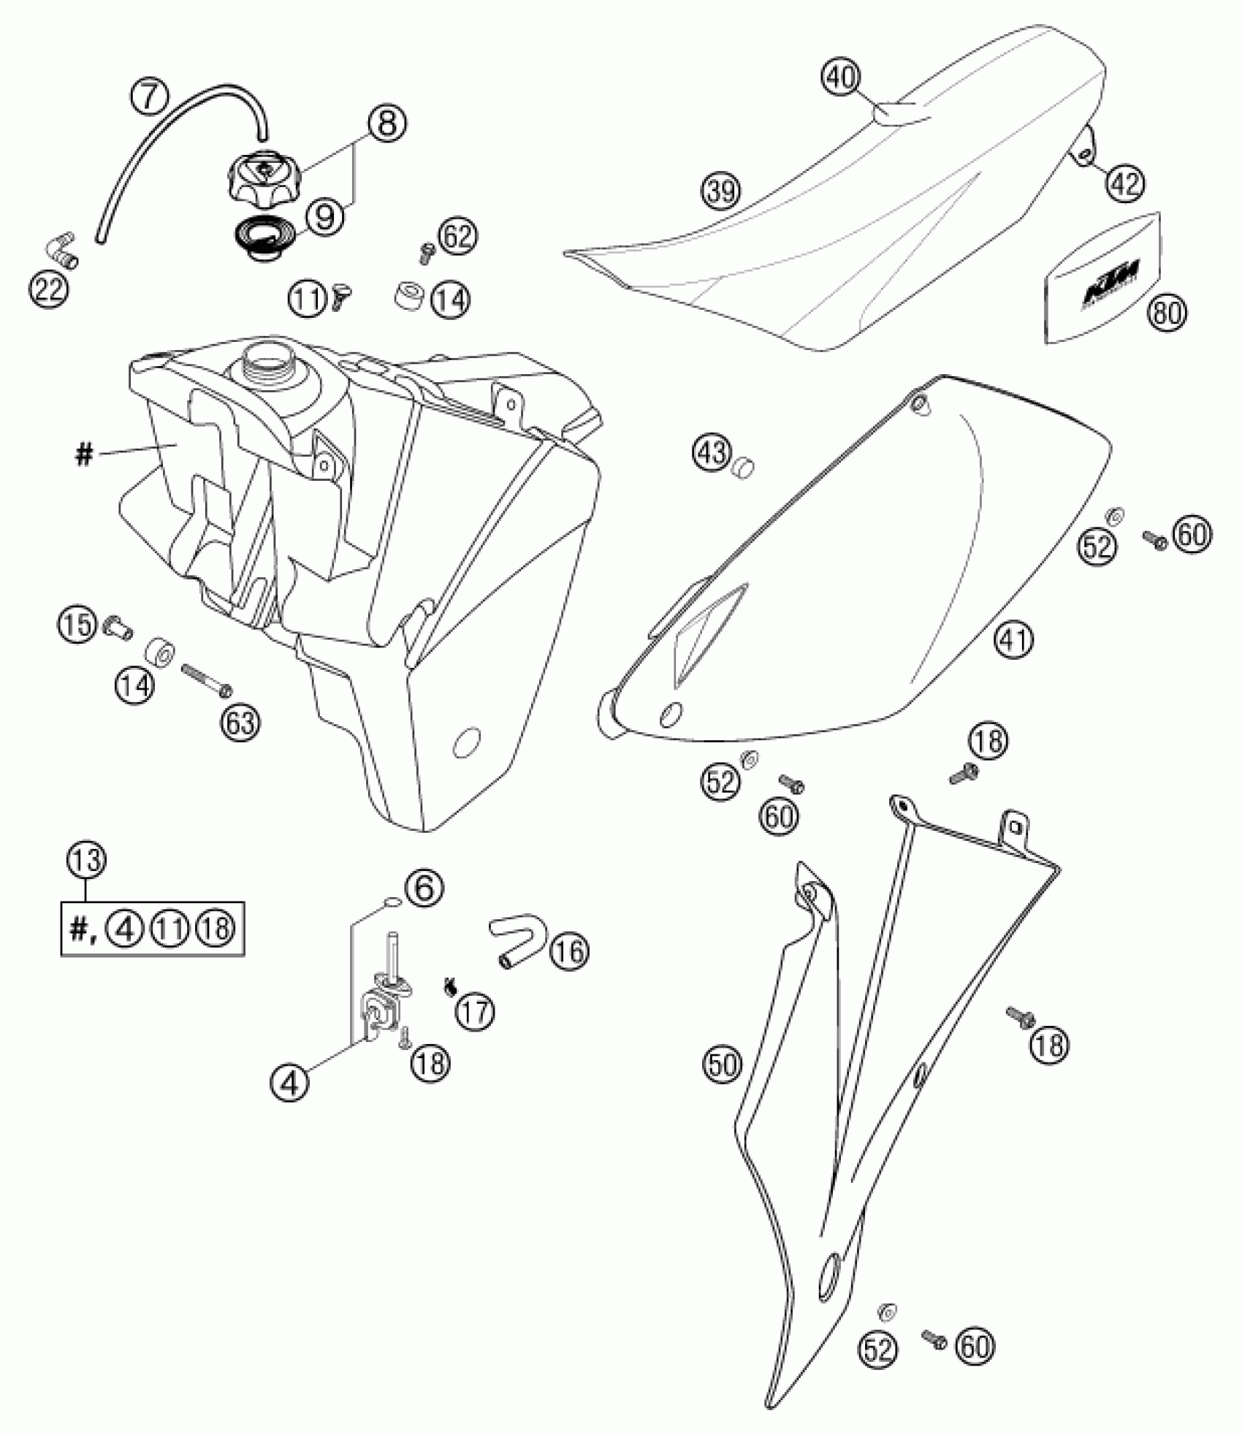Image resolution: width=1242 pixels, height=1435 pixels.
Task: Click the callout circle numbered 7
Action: (149, 96)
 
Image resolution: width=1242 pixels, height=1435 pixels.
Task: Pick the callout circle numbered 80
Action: (1167, 313)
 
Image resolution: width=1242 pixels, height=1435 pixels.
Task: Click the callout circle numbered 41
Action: (1015, 641)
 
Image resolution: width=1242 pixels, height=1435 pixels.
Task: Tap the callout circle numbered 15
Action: (77, 624)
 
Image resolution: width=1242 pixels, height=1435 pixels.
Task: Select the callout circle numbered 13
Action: (86, 861)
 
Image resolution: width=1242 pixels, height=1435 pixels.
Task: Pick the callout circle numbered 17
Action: (476, 1012)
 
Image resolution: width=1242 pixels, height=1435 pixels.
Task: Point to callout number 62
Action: (458, 236)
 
